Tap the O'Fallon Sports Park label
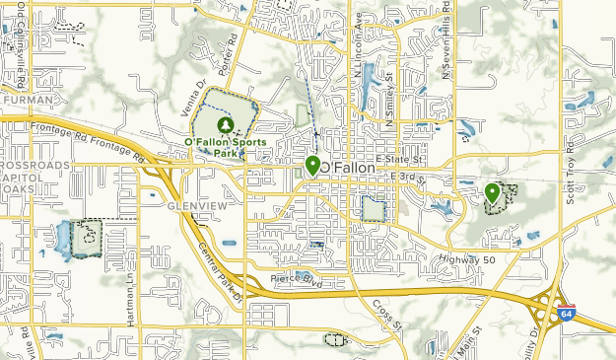point(225,148)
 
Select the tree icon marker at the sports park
point(225,125)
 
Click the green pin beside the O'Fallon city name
point(312,166)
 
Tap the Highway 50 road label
point(467,259)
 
